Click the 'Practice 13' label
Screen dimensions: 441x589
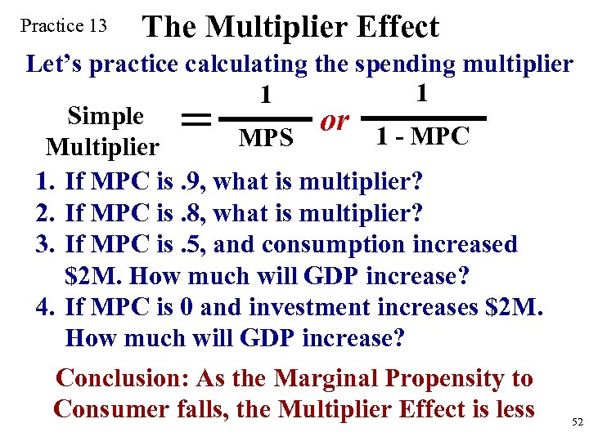point(63,25)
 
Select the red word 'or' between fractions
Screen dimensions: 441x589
point(335,120)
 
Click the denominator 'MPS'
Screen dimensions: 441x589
point(266,139)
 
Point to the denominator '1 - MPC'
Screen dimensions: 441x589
point(422,136)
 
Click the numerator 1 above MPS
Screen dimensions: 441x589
point(265,96)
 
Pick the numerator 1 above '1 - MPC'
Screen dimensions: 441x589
point(421,92)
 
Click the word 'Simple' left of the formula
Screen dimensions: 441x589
point(106,116)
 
